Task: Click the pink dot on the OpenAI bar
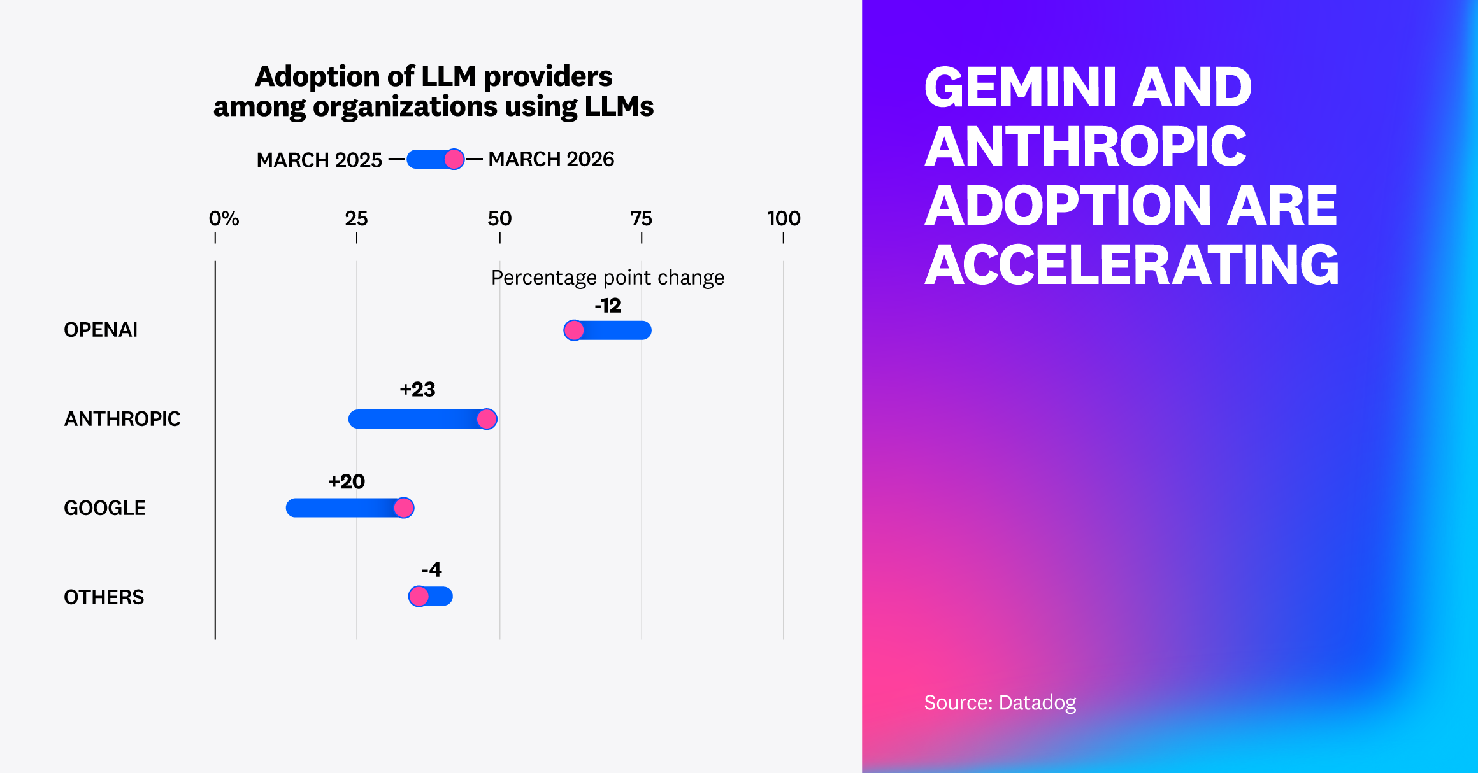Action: pyautogui.click(x=574, y=330)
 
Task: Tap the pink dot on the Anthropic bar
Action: pyautogui.click(x=487, y=419)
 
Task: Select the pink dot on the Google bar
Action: pyautogui.click(x=404, y=508)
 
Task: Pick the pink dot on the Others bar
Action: pyautogui.click(x=419, y=597)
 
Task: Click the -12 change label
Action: pyautogui.click(x=608, y=306)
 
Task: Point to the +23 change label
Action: pyautogui.click(x=417, y=389)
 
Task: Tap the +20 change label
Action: pyautogui.click(x=347, y=481)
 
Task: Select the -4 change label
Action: pyautogui.click(x=431, y=569)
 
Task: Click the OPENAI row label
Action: pyautogui.click(x=101, y=330)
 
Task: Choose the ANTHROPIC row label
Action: pyautogui.click(x=122, y=419)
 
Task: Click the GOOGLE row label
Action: pyautogui.click(x=105, y=508)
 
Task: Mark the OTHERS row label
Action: pyautogui.click(x=104, y=597)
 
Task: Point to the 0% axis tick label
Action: pyautogui.click(x=224, y=218)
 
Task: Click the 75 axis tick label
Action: pyautogui.click(x=641, y=218)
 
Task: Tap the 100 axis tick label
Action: pyautogui.click(x=784, y=218)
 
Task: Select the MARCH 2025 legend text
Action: pyautogui.click(x=319, y=160)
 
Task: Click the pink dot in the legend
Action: pyautogui.click(x=454, y=159)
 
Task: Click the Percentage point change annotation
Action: pyautogui.click(x=608, y=278)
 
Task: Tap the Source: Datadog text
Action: pyautogui.click(x=1000, y=702)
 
